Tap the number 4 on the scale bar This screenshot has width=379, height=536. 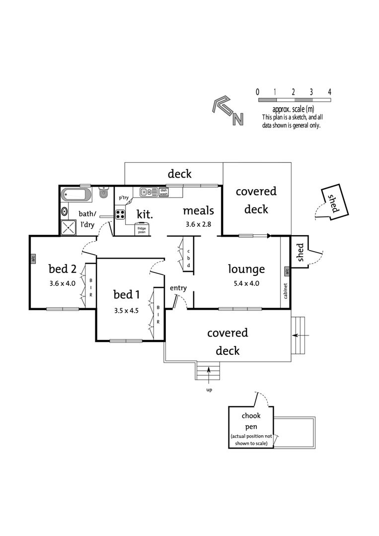click(x=329, y=92)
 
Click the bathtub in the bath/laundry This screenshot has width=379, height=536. click(x=76, y=195)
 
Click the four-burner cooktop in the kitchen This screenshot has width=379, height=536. click(x=120, y=214)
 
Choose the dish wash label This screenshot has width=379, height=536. click(x=163, y=192)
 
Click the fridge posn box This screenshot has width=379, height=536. click(x=141, y=230)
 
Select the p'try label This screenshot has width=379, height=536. click(x=124, y=198)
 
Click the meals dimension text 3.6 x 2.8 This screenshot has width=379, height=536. click(x=198, y=225)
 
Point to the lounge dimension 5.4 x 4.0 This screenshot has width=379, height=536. click(x=246, y=283)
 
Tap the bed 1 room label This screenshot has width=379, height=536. click(x=127, y=294)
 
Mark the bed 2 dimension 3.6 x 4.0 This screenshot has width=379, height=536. click(x=62, y=283)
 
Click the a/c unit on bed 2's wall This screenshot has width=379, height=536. click(x=33, y=259)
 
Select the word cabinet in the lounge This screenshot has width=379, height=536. click(x=286, y=290)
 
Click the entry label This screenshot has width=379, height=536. click(x=178, y=288)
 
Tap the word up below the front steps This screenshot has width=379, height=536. click(x=209, y=390)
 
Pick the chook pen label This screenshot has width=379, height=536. click(x=251, y=421)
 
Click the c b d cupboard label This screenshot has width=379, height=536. click(x=188, y=259)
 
